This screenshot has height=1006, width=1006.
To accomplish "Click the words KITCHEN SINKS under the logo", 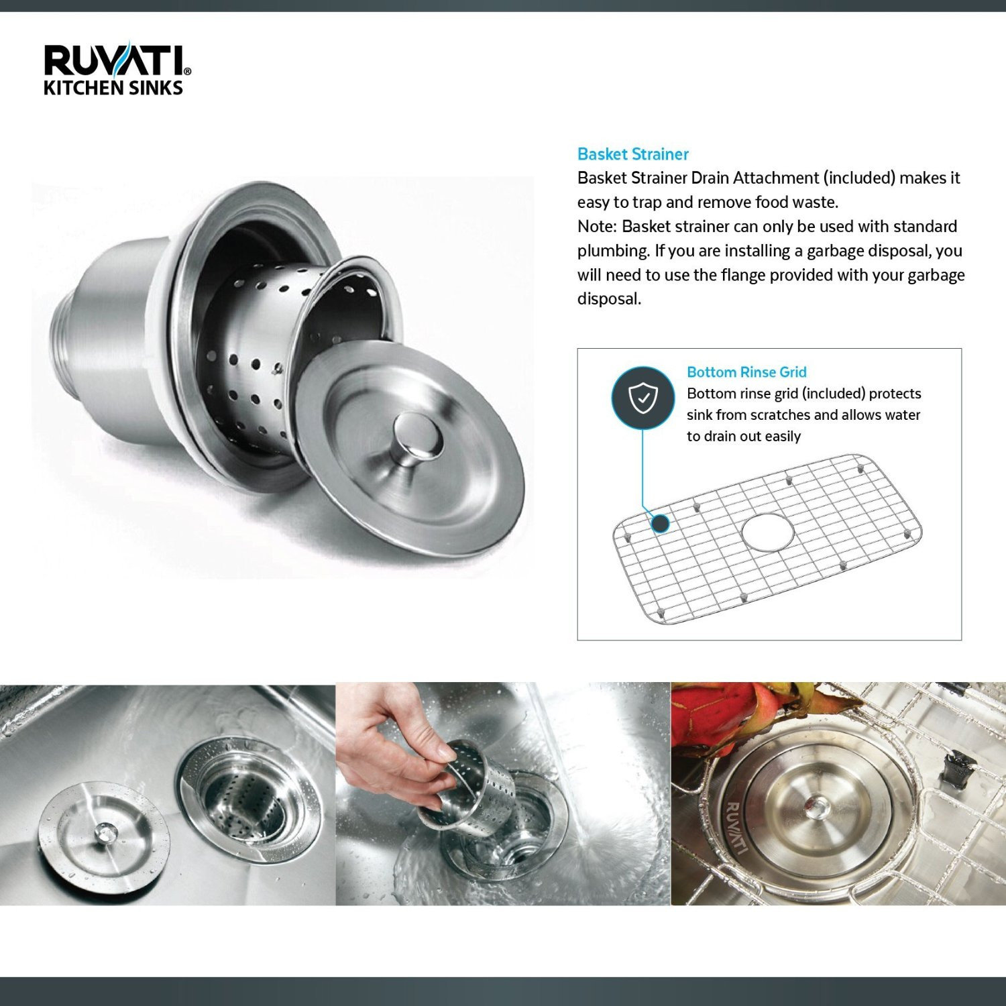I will [113, 88].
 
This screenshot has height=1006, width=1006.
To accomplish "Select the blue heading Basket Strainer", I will [632, 154].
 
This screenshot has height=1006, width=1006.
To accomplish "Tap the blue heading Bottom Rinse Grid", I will [746, 372].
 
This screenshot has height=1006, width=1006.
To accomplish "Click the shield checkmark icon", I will [642, 399].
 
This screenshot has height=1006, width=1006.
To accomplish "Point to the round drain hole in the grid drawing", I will [767, 532].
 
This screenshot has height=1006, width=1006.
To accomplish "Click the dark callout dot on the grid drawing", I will [661, 523].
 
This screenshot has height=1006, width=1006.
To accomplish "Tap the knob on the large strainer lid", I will [418, 435].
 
